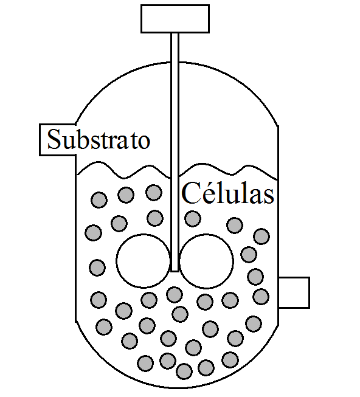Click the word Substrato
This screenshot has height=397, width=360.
click(x=99, y=139)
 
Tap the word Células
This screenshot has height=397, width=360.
click(x=227, y=193)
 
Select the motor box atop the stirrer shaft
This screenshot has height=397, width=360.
click(x=175, y=19)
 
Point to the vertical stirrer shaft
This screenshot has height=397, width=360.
click(x=175, y=152)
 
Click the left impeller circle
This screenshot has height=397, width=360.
click(x=144, y=261)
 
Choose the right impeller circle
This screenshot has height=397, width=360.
click(x=206, y=261)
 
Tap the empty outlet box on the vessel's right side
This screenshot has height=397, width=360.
click(x=294, y=292)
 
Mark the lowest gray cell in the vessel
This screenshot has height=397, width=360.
click(x=184, y=371)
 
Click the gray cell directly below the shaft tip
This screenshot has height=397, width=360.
click(x=175, y=295)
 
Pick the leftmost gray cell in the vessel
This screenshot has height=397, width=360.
click(x=94, y=232)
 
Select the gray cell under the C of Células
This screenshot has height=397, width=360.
click(x=193, y=218)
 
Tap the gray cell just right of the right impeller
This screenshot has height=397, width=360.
click(x=249, y=255)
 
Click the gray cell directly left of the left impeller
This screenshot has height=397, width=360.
click(x=97, y=268)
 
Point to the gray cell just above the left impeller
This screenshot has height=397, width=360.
click(x=155, y=218)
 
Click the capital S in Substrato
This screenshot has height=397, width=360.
click(x=54, y=139)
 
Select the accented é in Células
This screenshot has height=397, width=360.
click(x=204, y=195)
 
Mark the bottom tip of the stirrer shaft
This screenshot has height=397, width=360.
click(x=175, y=271)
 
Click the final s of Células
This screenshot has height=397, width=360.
click(x=268, y=197)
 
